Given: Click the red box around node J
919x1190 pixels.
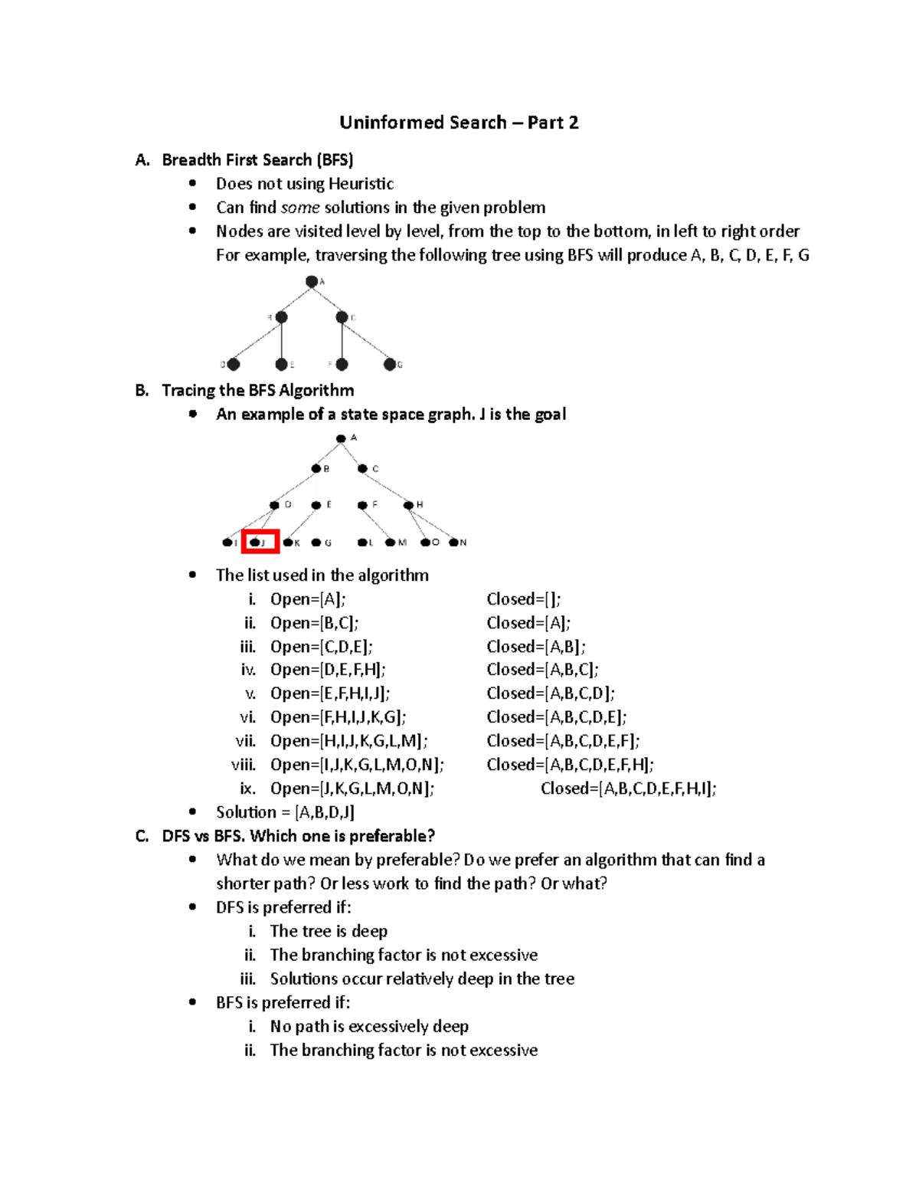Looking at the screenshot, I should tap(260, 542).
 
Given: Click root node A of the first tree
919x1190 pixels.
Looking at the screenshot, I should tap(312, 282).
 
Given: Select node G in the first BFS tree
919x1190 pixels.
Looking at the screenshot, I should tap(390, 365).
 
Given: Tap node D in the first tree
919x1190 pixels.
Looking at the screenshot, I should tap(234, 365).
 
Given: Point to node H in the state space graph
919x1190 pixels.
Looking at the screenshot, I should tap(409, 505).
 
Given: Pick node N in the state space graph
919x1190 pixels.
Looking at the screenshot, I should tap(454, 543).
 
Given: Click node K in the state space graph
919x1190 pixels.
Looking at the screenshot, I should tap(288, 543).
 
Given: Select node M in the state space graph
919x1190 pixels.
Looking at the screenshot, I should tap(391, 543).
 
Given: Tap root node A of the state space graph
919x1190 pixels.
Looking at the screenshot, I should tap(341, 438).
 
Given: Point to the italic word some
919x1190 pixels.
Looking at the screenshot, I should tap(300, 208).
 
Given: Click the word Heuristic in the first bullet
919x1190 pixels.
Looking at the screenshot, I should tap(361, 184).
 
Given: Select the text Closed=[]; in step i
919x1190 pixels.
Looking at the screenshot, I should tap(524, 599).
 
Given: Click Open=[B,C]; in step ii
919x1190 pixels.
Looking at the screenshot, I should tap(314, 623).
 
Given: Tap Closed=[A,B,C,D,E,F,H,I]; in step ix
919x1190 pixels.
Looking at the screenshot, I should tap(628, 788).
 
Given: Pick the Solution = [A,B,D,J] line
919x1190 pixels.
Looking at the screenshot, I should tap(285, 812).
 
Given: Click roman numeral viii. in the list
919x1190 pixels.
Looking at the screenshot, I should tap(244, 765).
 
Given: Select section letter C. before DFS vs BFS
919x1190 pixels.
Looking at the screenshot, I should tap(142, 836).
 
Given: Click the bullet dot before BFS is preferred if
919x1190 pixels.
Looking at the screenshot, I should tap(193, 1002).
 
